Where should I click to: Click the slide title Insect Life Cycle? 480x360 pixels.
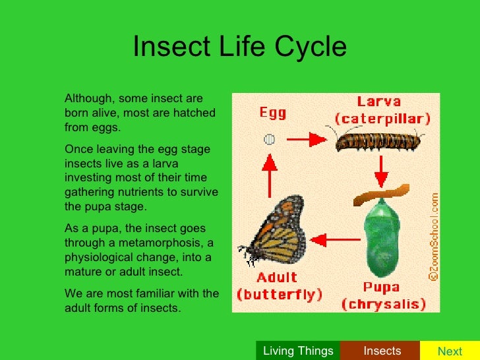(x=239, y=47)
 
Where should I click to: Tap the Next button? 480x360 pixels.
(x=450, y=351)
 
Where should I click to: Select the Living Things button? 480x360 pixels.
(x=298, y=351)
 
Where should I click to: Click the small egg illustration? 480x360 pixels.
(x=269, y=139)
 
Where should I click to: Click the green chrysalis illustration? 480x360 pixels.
(x=379, y=245)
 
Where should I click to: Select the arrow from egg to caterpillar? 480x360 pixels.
(x=307, y=139)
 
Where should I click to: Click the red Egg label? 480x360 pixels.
(x=272, y=113)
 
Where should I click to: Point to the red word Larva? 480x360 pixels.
(x=379, y=102)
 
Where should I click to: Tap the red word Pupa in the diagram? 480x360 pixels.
(x=382, y=287)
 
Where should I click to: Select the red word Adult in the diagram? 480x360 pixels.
(x=277, y=277)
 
